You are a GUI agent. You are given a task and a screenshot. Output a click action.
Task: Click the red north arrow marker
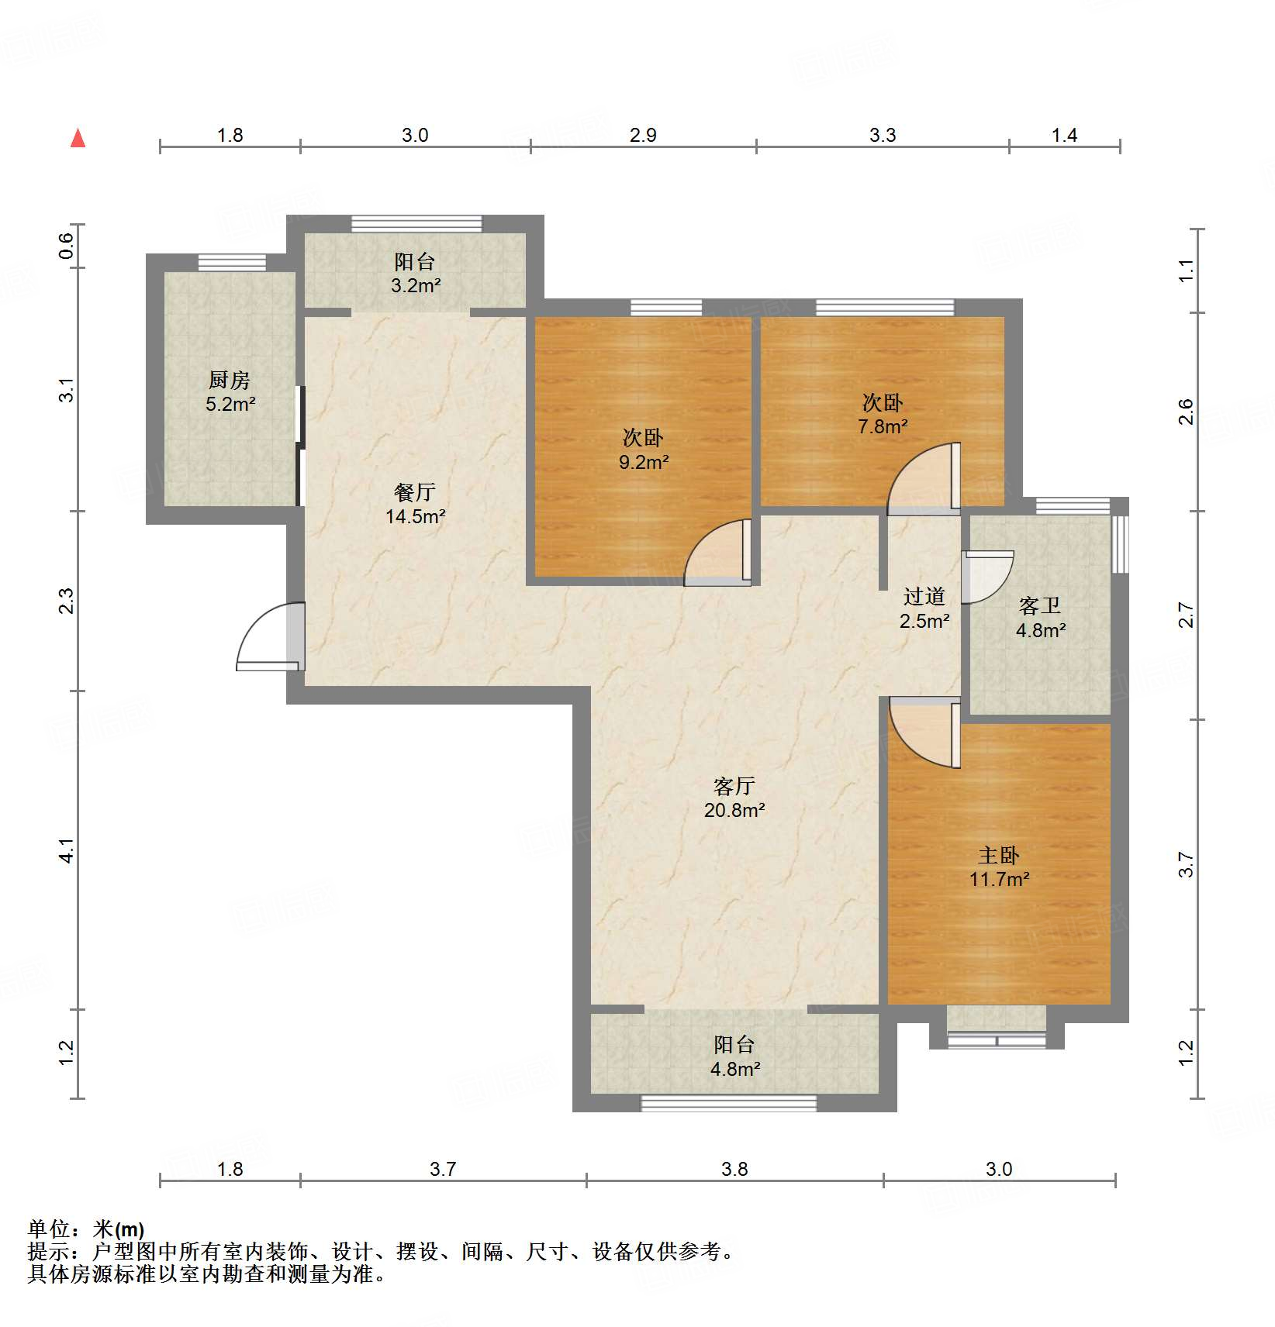click(x=78, y=138)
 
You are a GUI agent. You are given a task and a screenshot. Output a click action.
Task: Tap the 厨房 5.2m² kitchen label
click(x=230, y=391)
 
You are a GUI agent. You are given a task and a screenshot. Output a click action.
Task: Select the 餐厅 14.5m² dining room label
click(x=415, y=504)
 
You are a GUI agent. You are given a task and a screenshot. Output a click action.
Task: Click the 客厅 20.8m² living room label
click(x=734, y=798)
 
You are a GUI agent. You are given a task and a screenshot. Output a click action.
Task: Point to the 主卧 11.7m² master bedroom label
click(x=999, y=867)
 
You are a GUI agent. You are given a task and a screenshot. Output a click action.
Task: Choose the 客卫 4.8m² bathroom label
click(x=1040, y=617)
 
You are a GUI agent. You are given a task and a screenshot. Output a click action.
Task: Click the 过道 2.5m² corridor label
click(x=924, y=608)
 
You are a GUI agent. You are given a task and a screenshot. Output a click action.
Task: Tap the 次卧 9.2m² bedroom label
click(x=643, y=449)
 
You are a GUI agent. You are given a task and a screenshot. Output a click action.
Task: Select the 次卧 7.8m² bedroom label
click(x=883, y=414)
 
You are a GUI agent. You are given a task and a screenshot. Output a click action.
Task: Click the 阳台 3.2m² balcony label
click(x=415, y=273)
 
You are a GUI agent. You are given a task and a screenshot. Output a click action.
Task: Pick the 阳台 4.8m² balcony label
click(x=734, y=1056)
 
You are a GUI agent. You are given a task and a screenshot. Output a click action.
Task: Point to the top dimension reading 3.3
click(x=883, y=136)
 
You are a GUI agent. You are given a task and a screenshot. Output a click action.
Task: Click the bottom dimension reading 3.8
click(x=734, y=1169)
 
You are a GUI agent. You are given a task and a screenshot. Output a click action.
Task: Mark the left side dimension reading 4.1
click(x=67, y=850)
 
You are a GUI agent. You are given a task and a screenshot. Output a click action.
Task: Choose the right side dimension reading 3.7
click(x=1186, y=864)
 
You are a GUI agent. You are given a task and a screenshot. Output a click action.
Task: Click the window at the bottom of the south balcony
click(x=728, y=1102)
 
